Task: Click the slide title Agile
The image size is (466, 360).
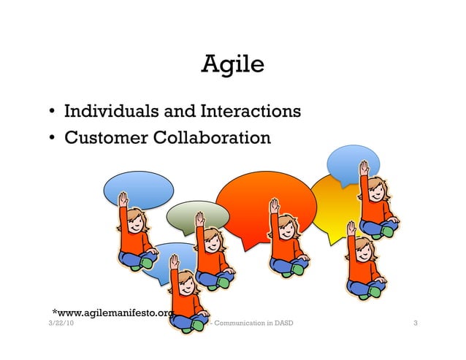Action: [232, 66]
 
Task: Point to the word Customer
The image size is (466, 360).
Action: [104, 137]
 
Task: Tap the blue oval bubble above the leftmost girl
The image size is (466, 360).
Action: [139, 189]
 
